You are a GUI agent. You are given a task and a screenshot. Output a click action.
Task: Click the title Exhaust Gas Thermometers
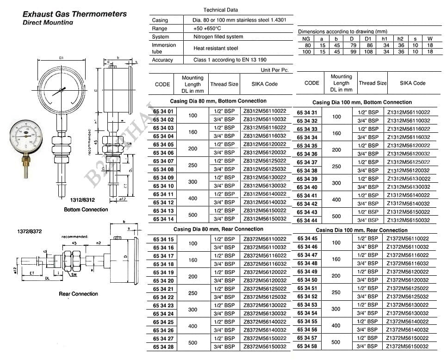pos(74,14)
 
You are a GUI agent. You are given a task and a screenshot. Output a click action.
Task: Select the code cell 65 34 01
pos(163,112)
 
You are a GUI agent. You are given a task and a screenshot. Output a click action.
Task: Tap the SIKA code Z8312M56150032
pos(265,219)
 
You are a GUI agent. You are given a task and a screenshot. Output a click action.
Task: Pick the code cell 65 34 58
pos(307,346)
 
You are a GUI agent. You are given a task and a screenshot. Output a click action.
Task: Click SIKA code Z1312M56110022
pos(408,112)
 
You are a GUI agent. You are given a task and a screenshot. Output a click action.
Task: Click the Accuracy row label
pos(162,60)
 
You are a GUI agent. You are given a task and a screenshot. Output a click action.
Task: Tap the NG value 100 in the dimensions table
pos(307,52)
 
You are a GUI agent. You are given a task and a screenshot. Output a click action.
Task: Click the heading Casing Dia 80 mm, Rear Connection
pos(218,229)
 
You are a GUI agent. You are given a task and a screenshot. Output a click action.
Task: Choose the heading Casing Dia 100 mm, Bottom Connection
pos(362,102)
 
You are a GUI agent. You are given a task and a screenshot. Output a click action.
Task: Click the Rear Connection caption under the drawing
pos(79,294)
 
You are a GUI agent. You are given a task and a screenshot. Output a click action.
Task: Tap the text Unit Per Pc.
pos(274,70)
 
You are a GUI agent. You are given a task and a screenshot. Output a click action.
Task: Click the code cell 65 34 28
pos(163,347)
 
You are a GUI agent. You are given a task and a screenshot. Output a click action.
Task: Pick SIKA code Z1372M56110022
pos(408,239)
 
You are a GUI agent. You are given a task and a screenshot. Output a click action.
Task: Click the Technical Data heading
pos(221,10)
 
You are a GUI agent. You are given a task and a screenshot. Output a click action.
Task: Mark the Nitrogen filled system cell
pos(218,37)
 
